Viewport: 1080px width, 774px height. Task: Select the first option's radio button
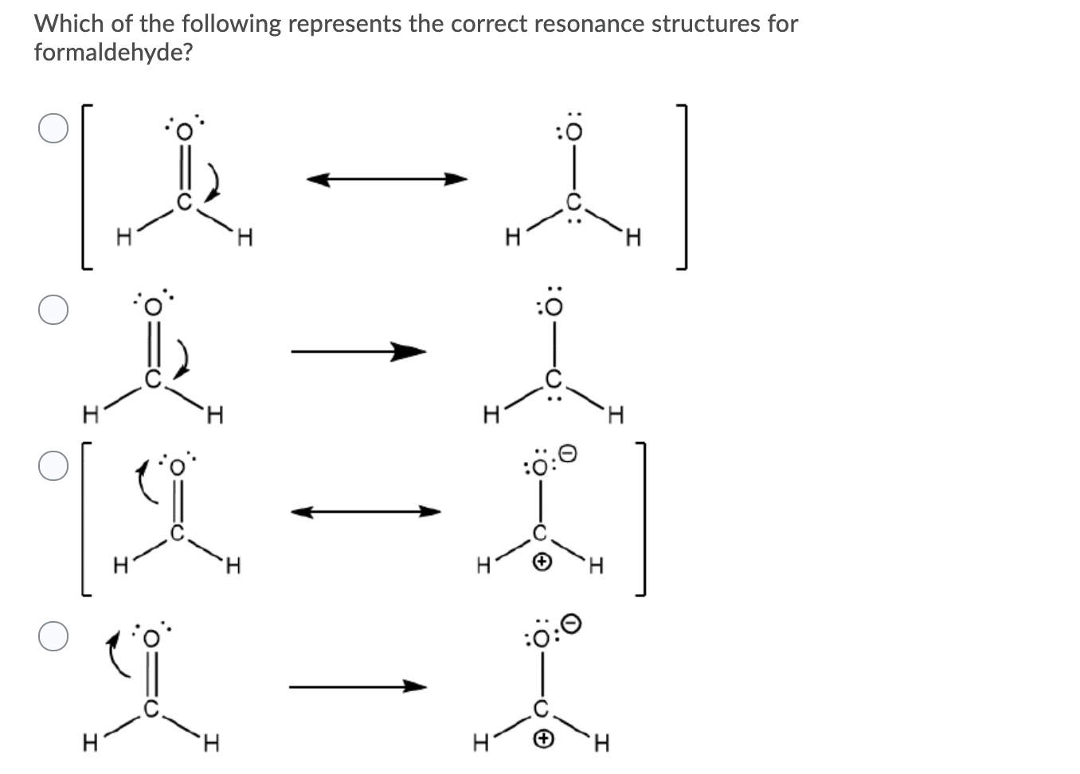point(53,128)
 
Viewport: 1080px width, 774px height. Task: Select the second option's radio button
point(53,310)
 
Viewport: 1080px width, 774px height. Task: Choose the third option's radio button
point(53,467)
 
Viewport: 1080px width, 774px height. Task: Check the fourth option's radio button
point(53,636)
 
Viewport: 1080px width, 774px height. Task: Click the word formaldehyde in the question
point(113,53)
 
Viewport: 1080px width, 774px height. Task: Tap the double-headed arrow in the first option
point(387,179)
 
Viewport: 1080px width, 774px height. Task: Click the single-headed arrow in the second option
point(358,350)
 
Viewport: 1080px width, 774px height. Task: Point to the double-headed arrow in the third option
point(366,512)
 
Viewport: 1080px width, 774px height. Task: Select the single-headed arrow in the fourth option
point(358,686)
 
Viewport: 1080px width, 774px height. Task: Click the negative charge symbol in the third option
point(567,454)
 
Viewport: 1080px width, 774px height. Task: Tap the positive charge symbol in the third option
point(542,563)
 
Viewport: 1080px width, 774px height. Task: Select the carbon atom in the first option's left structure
point(182,202)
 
